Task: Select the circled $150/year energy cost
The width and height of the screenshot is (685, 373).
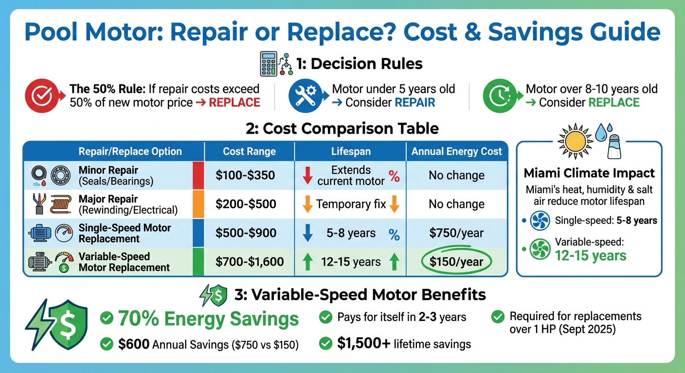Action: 456,262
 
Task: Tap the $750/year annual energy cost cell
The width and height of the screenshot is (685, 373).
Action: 456,233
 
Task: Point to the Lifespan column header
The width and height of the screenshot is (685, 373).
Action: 350,152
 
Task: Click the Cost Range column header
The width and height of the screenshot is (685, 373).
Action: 249,152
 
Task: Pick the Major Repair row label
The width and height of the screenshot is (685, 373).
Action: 108,199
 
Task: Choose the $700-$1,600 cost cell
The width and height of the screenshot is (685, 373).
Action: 249,262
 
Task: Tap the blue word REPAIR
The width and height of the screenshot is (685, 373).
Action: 415,102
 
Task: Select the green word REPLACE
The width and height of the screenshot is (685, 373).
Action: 613,102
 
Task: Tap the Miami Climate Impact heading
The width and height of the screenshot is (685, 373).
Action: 589,173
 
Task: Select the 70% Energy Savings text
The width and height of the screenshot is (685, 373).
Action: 208,319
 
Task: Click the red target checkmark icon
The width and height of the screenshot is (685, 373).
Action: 39,96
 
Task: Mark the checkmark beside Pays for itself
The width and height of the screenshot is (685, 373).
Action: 325,318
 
